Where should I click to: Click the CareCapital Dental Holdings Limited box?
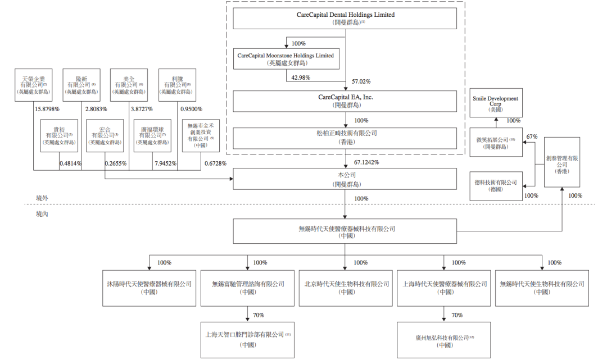coord(345,19)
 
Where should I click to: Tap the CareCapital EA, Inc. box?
coord(345,101)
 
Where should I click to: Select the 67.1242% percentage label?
coord(366,162)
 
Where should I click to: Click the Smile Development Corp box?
coord(495,103)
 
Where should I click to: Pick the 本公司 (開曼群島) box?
coord(345,180)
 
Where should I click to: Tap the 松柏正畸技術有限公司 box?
coord(345,138)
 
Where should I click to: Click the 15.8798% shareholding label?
coord(47,109)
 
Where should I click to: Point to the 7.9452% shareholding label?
coord(165,163)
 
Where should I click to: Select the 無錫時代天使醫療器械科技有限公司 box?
coord(345,233)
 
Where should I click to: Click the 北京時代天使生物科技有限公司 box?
coord(345,288)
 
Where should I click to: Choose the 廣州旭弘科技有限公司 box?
coord(445,340)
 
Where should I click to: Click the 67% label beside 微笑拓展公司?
coord(532,136)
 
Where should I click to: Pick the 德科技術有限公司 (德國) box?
coord(495,186)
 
